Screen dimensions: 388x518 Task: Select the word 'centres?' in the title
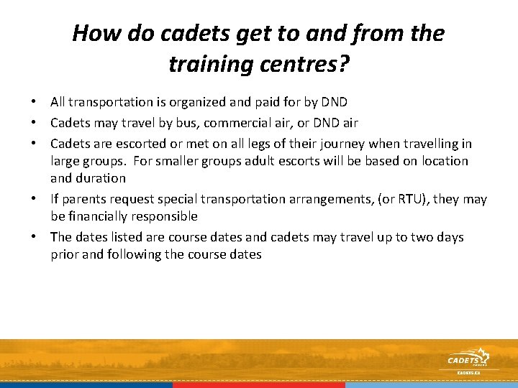click(x=304, y=65)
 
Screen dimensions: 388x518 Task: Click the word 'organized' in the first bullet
click(x=190, y=102)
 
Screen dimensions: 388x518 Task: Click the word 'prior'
click(x=66, y=254)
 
